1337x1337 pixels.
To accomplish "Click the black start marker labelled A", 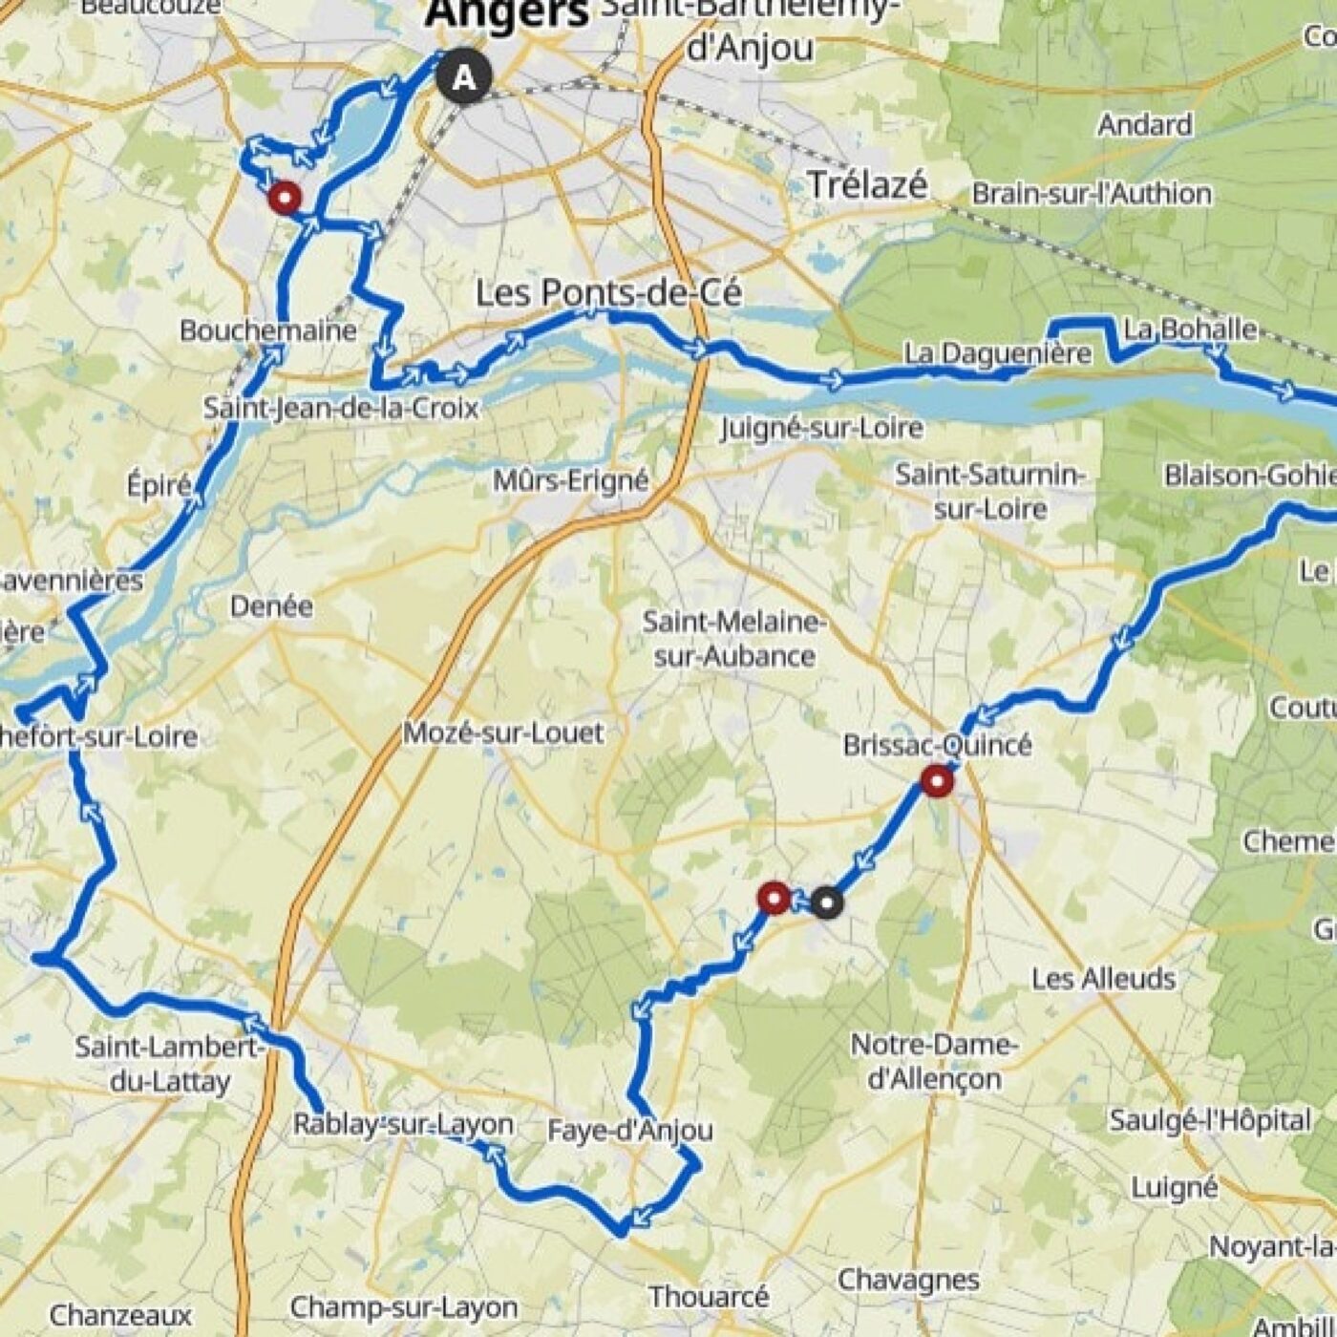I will coord(464,76).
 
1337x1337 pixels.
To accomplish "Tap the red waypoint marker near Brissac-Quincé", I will coord(937,782).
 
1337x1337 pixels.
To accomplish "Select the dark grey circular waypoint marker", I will coord(827,902).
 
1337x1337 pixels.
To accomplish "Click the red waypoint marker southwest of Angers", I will coord(285,199).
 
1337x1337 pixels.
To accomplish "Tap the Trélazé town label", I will coord(867,184).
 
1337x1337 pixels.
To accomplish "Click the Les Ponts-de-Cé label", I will coord(608,292).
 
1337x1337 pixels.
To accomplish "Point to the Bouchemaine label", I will coord(268,331).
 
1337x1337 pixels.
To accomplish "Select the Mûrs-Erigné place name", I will coord(571,480).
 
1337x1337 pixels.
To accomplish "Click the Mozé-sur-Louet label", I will coord(503,733).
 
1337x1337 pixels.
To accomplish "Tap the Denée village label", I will coord(271,606).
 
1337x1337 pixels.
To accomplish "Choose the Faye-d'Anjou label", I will coord(630,1131).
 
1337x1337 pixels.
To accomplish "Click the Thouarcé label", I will coord(709,1297).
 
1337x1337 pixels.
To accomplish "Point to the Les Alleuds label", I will coord(1103,979).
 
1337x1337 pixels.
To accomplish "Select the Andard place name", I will coord(1144,125).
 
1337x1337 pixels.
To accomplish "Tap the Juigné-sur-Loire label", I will coord(821,428).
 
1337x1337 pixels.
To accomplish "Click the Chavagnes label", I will coord(908,1280).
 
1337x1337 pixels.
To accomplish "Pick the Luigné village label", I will coord(1174,1189).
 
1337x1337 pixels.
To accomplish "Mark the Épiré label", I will coord(159,485).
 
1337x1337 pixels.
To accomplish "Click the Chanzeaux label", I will coord(120,1315).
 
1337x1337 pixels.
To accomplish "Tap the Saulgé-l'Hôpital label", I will coord(1210,1120).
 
